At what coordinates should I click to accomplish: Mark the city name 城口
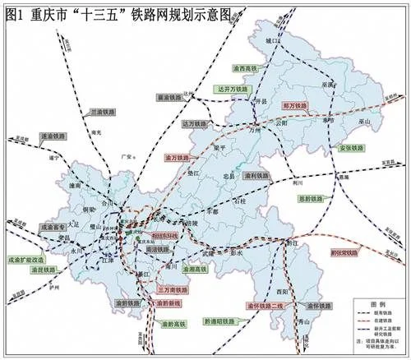[283, 39]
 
